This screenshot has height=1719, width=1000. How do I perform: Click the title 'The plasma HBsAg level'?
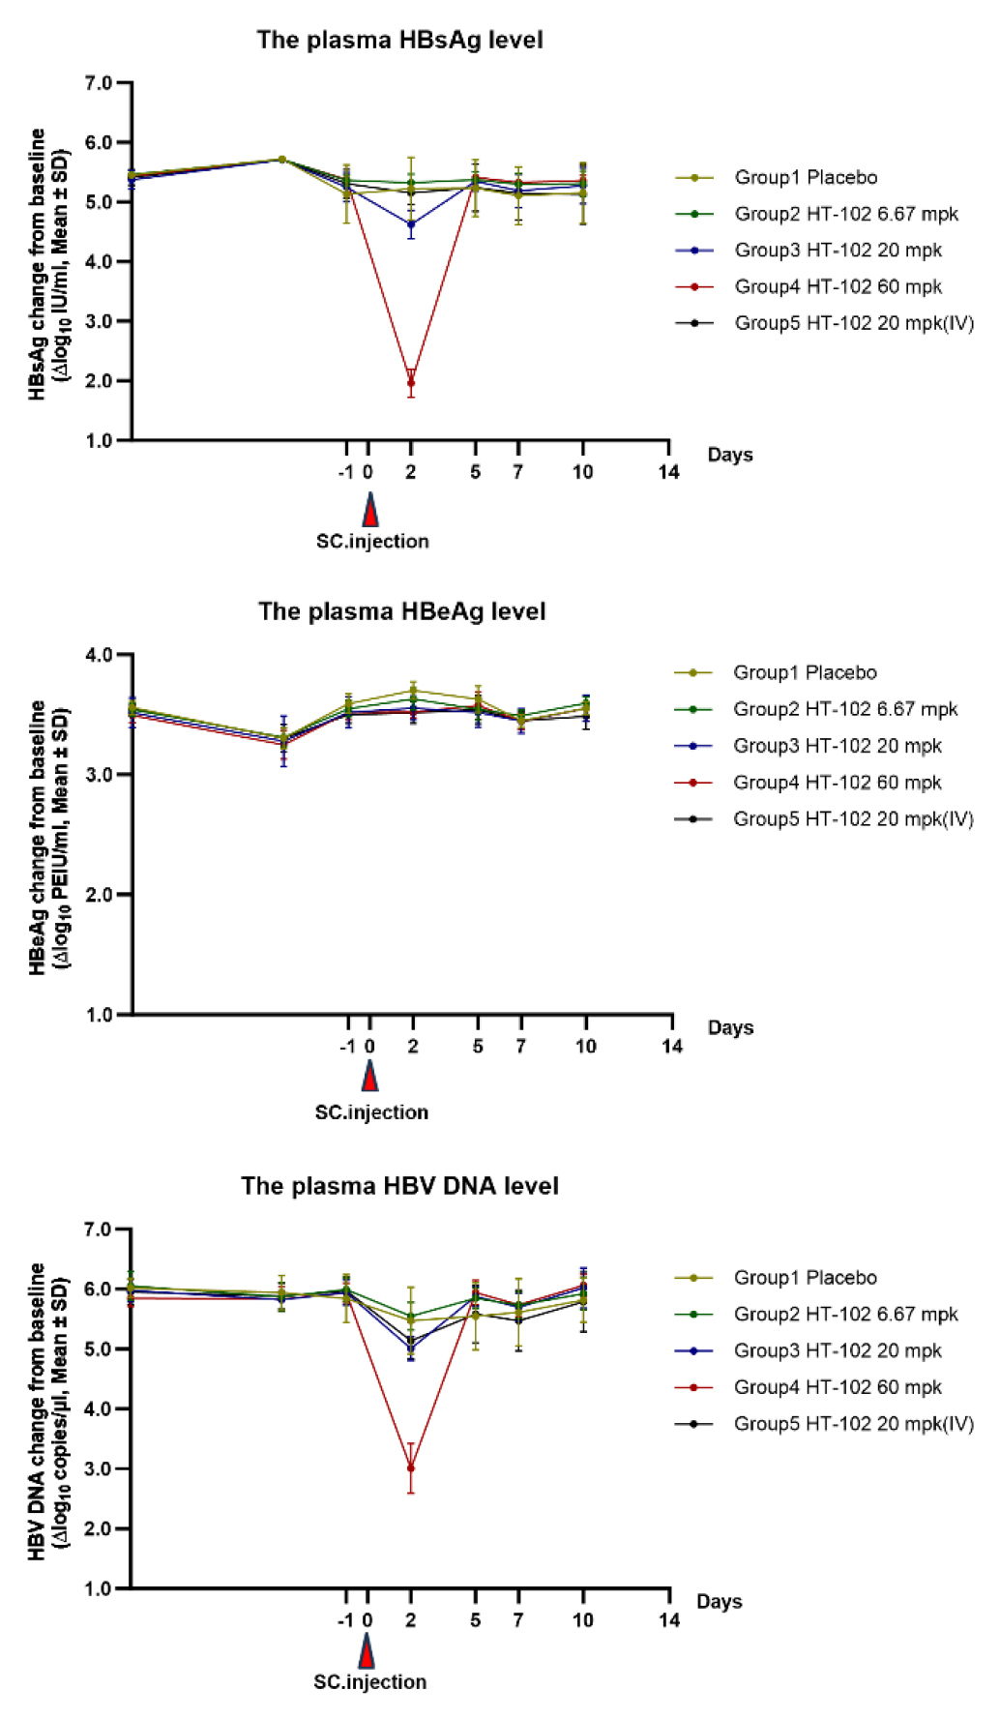399,40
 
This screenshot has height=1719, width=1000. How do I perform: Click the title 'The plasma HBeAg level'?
401,611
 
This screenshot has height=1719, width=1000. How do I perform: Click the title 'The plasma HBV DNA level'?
399,1186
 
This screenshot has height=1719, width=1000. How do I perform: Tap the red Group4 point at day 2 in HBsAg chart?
411,383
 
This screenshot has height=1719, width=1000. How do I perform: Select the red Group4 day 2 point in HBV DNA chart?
411,1468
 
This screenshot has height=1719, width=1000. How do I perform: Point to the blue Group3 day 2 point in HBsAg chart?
411,224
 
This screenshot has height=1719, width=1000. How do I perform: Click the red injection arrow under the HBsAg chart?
369,510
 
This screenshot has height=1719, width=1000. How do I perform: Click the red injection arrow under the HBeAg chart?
369,1076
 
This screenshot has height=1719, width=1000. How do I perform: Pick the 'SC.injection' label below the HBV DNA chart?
369,1682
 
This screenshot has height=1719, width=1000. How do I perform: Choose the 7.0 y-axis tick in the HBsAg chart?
99,83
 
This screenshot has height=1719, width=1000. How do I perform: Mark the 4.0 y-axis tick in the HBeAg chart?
99,655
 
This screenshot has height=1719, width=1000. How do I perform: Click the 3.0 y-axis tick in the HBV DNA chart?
99,1468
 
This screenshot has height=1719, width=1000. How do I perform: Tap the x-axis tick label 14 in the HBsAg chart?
669,472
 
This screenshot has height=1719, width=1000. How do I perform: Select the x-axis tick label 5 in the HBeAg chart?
478,1046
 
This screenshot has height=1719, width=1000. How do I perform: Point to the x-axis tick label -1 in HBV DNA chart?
345,1620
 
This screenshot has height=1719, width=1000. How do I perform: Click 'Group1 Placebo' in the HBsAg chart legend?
806,177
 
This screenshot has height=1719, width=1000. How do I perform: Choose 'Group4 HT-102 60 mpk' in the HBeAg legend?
837,783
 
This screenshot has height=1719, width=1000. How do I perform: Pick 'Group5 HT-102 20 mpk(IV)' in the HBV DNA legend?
853,1424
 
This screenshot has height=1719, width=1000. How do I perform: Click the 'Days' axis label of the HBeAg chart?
730,1027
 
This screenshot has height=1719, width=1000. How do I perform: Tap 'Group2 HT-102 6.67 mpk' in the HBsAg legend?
846,214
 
